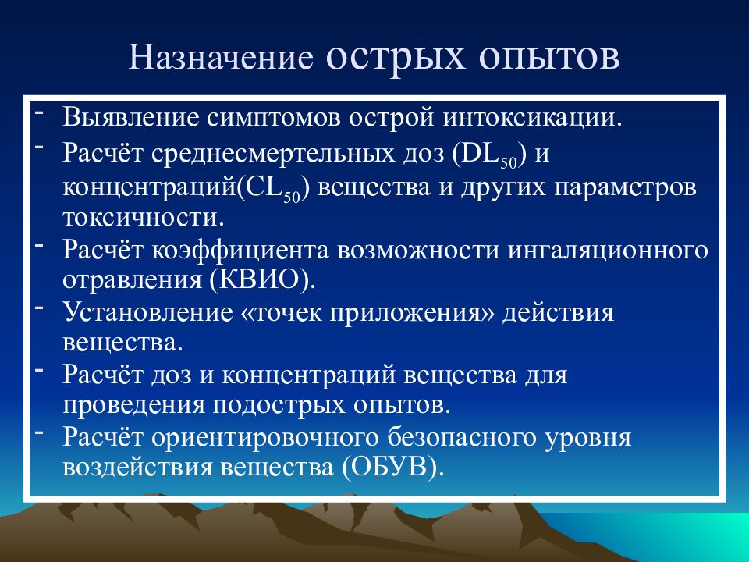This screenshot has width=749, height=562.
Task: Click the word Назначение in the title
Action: coord(221,57)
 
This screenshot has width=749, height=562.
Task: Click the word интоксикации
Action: coord(533,118)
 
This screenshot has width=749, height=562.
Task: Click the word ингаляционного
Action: coord(608,250)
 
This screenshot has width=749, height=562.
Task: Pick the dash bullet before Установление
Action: coord(39,307)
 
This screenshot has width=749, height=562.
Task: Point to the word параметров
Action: coord(625,188)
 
